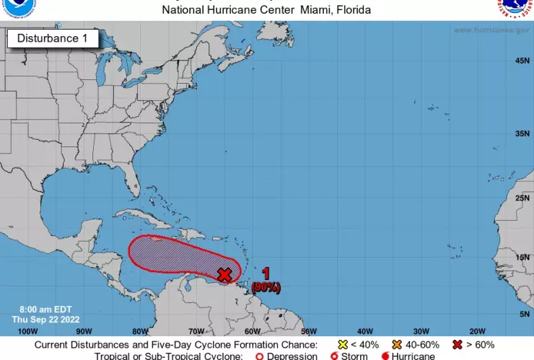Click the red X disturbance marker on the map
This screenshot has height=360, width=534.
tap(224, 274)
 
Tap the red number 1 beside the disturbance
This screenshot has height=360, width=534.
tap(266, 273)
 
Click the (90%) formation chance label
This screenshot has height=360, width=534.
tap(266, 288)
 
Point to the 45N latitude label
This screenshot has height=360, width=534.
tap(523, 61)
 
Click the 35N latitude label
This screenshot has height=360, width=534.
tap(523, 133)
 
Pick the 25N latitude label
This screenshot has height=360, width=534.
tap(523, 198)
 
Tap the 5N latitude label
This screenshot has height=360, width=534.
tap(525, 314)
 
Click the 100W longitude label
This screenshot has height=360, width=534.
tap(27, 331)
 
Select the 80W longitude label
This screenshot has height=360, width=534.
tap(140, 331)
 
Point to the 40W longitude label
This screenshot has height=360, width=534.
tap(365, 331)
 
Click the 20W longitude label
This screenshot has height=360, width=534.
tap(478, 331)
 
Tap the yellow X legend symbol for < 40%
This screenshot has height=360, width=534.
tap(343, 345)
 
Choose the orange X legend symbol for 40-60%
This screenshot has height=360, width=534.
tap(396, 345)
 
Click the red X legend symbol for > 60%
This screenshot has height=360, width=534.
tap(457, 345)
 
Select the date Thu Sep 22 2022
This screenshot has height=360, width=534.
tap(45, 319)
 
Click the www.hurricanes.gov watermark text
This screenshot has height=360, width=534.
tap(492, 30)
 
